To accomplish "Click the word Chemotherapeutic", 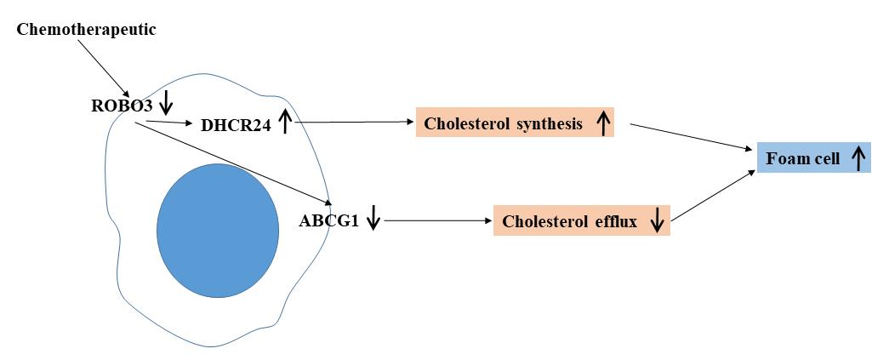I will (x=87, y=31).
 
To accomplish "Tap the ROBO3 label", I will (x=122, y=107).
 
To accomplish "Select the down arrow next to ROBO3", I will (x=167, y=103).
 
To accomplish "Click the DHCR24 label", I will (x=236, y=126).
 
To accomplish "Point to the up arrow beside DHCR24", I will (x=285, y=123).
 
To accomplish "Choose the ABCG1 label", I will (x=328, y=221).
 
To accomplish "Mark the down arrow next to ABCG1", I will (x=373, y=220).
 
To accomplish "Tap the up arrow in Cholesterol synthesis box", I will (x=603, y=124).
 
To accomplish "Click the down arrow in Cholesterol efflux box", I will (x=656, y=221).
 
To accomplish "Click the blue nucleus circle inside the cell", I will (x=218, y=230).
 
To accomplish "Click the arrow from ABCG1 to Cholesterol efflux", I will (x=438, y=220).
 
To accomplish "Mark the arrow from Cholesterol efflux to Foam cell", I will (x=713, y=197).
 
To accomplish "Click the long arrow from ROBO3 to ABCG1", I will (x=230, y=158).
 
